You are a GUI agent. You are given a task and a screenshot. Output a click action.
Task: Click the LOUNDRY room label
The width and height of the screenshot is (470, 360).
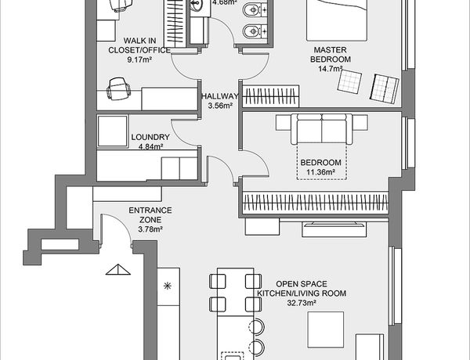(150, 137)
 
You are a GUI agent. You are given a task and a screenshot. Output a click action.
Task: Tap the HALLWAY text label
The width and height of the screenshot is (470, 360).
(219, 96)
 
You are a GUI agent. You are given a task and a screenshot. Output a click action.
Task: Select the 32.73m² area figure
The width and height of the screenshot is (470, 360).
(302, 303)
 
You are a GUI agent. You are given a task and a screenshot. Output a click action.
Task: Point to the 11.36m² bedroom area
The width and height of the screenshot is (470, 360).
(320, 172)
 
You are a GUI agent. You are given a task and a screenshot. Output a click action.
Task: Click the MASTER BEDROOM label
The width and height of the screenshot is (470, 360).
(331, 55)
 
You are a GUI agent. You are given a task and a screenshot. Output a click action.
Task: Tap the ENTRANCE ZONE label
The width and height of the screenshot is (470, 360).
(150, 215)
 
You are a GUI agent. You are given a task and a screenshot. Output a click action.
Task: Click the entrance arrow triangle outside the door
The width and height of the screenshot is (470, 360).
(118, 269)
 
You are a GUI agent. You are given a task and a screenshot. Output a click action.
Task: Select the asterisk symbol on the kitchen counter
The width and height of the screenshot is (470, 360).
(168, 286)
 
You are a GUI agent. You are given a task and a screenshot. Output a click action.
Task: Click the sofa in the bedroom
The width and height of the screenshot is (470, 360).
(322, 129)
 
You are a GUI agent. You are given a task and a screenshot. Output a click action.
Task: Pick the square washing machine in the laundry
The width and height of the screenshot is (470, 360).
(113, 131)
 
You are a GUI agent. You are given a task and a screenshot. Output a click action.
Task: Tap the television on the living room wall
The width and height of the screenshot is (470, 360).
(334, 223)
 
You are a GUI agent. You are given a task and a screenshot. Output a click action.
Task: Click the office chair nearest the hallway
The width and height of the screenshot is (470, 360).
(119, 88)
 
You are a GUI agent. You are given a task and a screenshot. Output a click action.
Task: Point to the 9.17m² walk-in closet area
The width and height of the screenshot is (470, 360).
(139, 59)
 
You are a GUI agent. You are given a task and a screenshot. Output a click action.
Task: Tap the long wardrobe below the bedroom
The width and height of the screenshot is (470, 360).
(316, 203)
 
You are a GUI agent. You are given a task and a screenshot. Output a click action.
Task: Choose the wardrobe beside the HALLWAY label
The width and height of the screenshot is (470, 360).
(271, 96)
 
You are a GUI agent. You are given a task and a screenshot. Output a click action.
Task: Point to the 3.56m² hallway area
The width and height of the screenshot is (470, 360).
(220, 106)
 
